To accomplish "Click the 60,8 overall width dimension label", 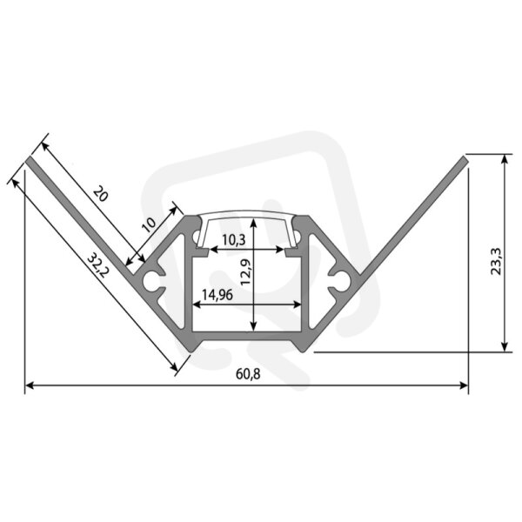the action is pos(248,374).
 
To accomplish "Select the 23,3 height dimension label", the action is pos(496,261).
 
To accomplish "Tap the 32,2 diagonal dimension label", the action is pos(97,266).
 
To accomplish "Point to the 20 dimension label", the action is pos(101,194).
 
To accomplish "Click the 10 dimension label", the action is pos(149,224).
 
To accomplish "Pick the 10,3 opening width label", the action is pos(234,240).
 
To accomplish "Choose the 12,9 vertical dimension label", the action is pos(245,272).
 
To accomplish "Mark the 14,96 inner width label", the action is pos(217,295).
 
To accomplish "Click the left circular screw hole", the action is pos(151,281).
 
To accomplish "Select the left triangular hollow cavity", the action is pos(172,283).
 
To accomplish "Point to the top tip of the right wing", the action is pos(465,157).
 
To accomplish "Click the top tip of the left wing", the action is pos(29,159).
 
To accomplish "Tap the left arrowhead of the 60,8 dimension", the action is pos(30,385).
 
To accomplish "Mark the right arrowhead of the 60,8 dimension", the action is pos(464,385).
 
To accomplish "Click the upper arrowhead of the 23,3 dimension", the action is pos(505,159).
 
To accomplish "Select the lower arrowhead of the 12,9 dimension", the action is pos(254,327).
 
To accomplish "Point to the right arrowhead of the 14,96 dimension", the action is pos(297,304).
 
